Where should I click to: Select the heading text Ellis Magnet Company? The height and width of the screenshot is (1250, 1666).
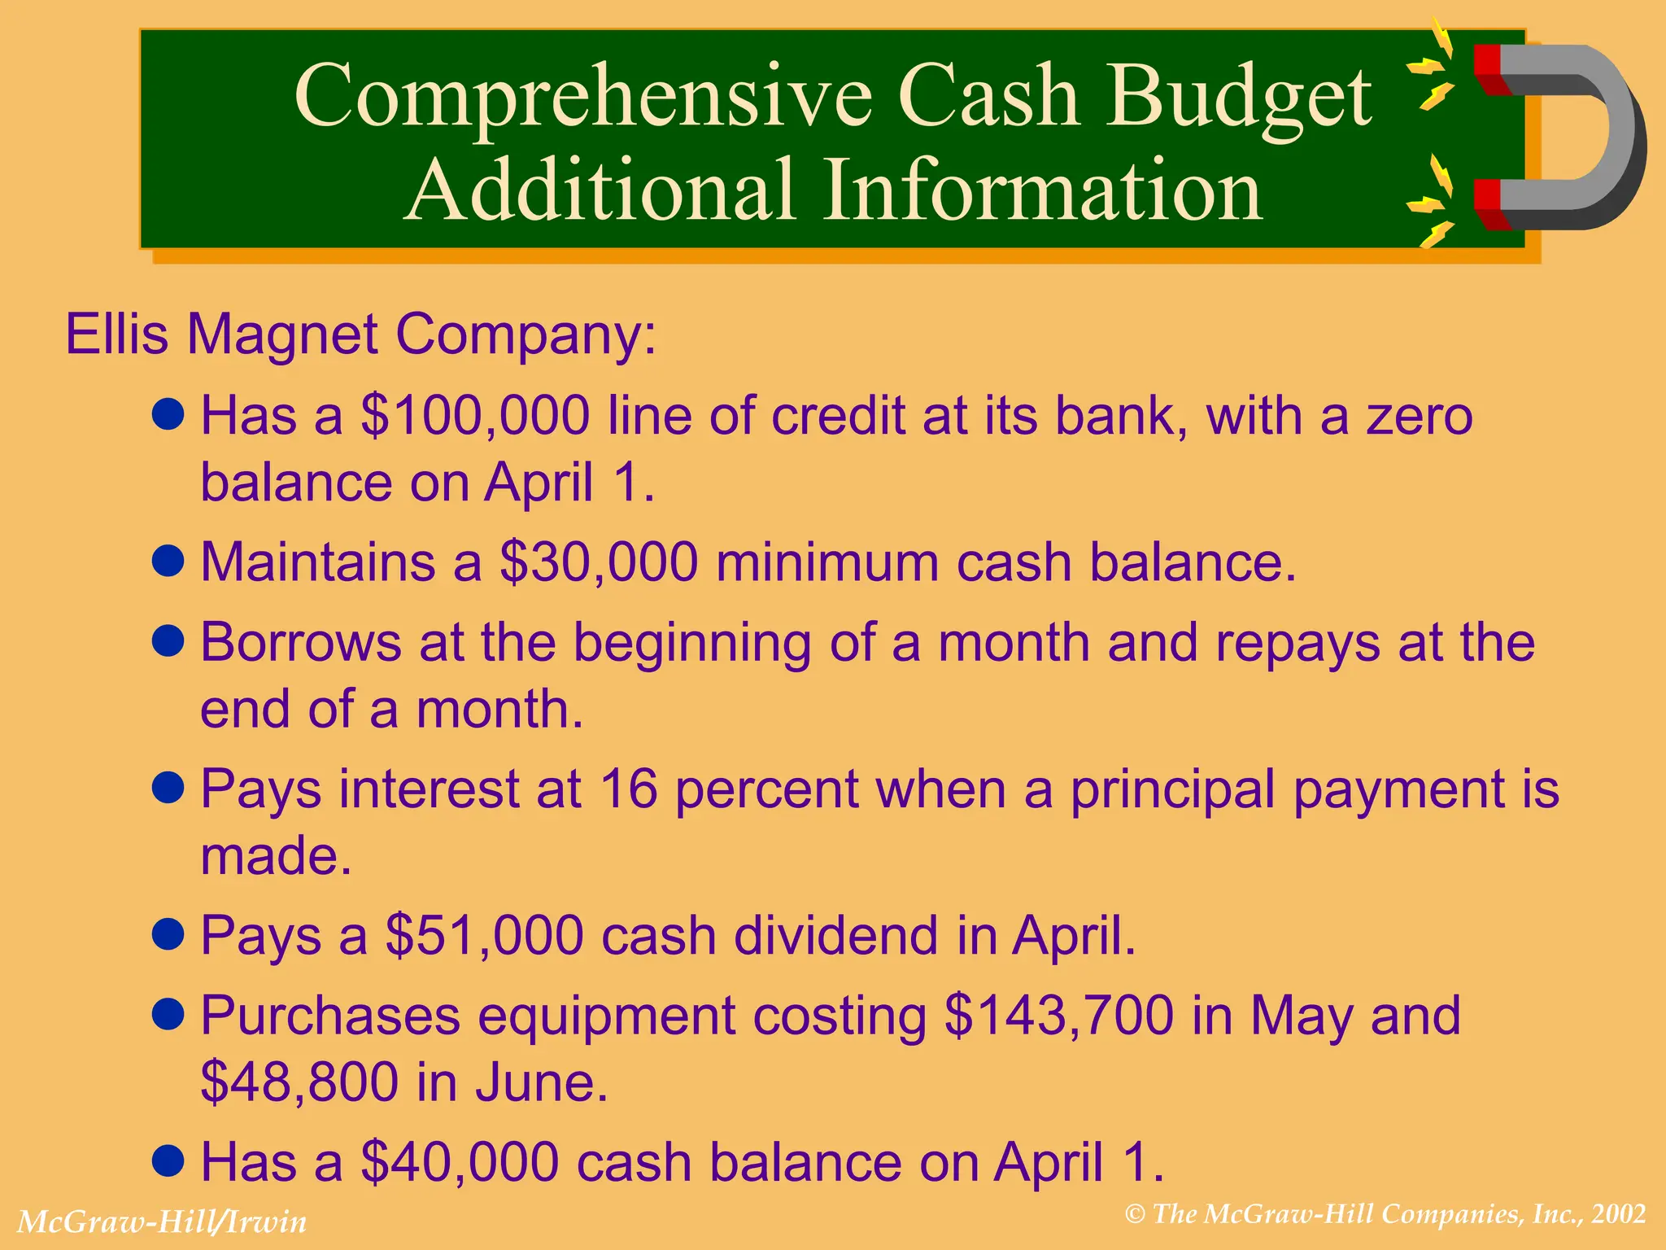click(x=360, y=334)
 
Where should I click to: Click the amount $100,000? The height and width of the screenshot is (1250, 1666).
click(x=475, y=416)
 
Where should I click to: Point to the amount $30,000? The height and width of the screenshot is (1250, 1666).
click(x=599, y=562)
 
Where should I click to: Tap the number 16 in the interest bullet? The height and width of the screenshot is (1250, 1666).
click(x=628, y=789)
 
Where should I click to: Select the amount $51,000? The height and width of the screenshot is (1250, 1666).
click(x=484, y=935)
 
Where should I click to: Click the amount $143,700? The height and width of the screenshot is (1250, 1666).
click(x=1059, y=1016)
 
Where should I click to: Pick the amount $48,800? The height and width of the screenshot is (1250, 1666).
click(x=299, y=1082)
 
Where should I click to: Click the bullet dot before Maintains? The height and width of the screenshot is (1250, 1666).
click(x=168, y=561)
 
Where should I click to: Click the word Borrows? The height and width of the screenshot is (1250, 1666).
click(x=300, y=643)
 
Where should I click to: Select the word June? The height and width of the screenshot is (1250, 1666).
click(x=541, y=1082)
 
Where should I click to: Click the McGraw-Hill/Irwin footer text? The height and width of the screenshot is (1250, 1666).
click(x=162, y=1222)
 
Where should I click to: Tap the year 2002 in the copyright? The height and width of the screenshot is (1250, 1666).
click(x=1619, y=1214)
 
